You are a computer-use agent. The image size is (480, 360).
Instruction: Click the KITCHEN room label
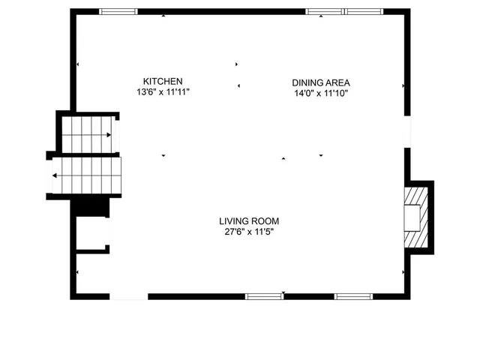coord(163,81)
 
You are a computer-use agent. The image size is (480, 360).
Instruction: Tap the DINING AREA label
coord(322,82)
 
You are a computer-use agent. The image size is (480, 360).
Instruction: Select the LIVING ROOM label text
coord(249,220)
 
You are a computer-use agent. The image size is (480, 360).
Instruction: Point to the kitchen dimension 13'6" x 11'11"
coord(163,92)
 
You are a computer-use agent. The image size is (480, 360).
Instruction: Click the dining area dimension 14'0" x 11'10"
coord(322,94)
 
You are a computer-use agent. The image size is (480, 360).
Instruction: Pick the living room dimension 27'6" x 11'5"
coord(249,231)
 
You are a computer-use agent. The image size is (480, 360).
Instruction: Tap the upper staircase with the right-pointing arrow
coord(88,135)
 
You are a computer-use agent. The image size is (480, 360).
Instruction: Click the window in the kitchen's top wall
coord(118,11)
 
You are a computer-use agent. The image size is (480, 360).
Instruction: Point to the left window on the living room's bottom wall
coord(265,296)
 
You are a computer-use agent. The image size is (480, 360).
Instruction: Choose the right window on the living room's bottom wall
coord(353,296)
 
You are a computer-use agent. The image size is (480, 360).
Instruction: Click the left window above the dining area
coord(325,11)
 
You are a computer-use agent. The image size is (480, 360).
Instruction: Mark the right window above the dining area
coord(364,11)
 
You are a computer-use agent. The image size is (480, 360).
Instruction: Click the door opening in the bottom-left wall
coord(129,296)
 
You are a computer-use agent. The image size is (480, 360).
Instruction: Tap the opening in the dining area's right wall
coord(407,131)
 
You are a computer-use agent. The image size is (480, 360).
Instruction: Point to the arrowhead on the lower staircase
coord(55,177)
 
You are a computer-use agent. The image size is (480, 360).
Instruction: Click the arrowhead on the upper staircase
coord(112,135)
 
